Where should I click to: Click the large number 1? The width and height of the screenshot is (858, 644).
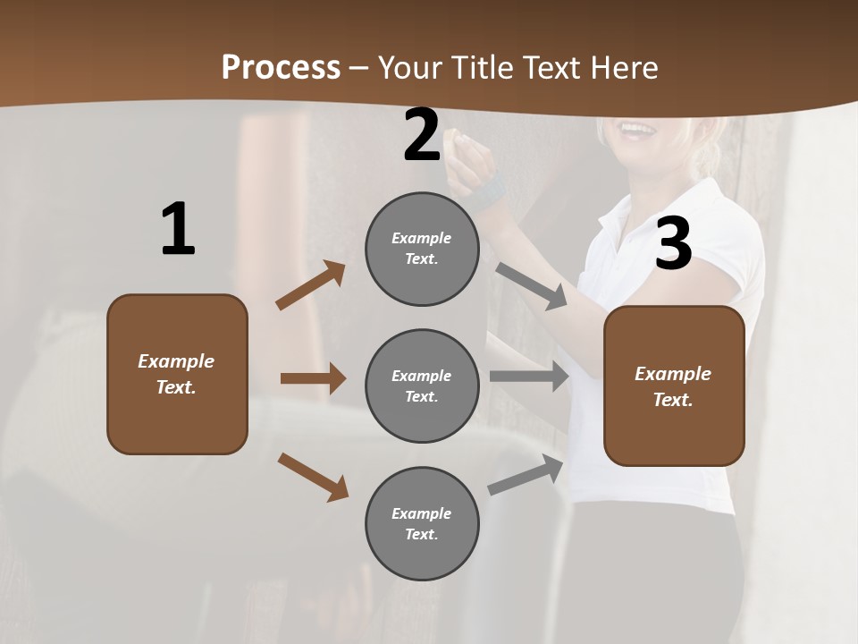pyautogui.click(x=178, y=230)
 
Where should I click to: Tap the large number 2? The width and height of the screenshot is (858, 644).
pyautogui.click(x=422, y=135)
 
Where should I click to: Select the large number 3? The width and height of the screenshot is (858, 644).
pyautogui.click(x=673, y=243)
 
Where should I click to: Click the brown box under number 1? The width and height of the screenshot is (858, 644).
pyautogui.click(x=177, y=374)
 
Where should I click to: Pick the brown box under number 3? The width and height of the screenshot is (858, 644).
pyautogui.click(x=674, y=386)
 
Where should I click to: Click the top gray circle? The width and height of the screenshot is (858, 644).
pyautogui.click(x=422, y=249)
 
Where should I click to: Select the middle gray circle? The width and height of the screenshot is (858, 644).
pyautogui.click(x=422, y=386)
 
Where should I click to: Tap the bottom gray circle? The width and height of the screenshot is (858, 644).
pyautogui.click(x=422, y=524)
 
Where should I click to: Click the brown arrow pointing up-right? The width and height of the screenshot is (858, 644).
pyautogui.click(x=311, y=285)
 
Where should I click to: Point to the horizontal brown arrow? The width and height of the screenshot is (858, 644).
pyautogui.click(x=313, y=378)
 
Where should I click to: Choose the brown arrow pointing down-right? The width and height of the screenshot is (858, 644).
pyautogui.click(x=313, y=477)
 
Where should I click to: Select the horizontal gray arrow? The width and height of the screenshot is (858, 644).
pyautogui.click(x=529, y=377)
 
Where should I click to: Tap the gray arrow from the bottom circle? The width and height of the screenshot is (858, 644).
pyautogui.click(x=526, y=475)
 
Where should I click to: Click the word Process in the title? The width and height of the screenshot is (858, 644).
pyautogui.click(x=281, y=67)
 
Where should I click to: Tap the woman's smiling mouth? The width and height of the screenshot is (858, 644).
pyautogui.click(x=636, y=130)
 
